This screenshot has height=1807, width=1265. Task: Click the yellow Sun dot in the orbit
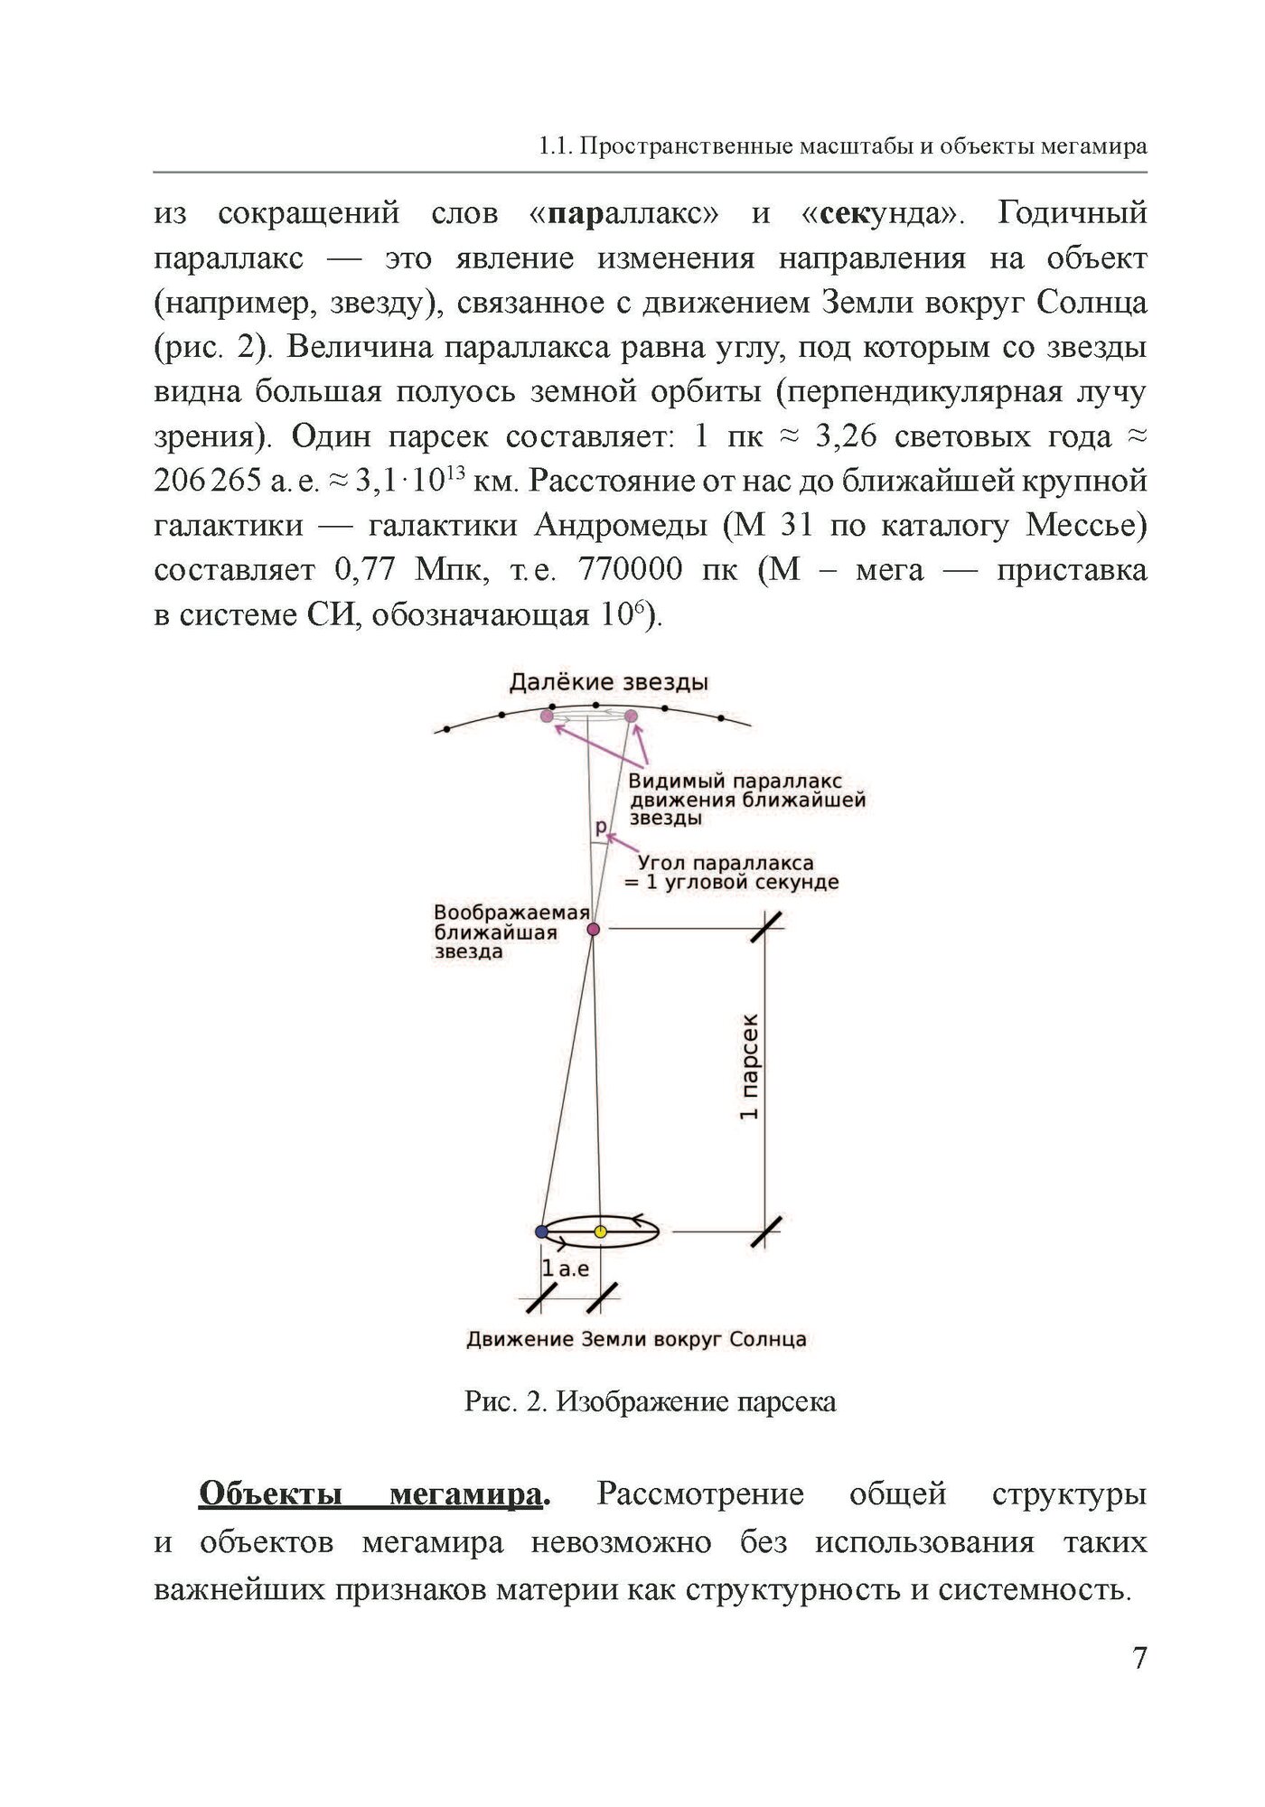[601, 1231]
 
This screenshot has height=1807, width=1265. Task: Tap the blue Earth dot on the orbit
[541, 1231]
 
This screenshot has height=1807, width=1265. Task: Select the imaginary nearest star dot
[594, 929]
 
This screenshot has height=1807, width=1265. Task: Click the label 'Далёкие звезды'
[608, 682]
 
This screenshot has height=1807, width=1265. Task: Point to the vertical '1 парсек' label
[749, 1066]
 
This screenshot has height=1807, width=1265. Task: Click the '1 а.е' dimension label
[566, 1269]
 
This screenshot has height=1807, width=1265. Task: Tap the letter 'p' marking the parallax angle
[601, 827]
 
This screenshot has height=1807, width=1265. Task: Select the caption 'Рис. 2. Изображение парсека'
[650, 1401]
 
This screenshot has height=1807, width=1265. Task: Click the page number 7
[1139, 1658]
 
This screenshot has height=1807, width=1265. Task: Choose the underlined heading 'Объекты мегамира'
[373, 1494]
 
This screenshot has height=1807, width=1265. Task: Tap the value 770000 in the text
[630, 570]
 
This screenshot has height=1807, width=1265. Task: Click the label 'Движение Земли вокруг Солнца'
[636, 1339]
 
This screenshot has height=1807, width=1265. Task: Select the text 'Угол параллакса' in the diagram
[726, 864]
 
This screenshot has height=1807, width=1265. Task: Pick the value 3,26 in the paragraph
[845, 436]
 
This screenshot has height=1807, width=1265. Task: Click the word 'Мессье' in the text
[1085, 525]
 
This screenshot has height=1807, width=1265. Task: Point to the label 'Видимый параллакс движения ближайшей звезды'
[746, 800]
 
